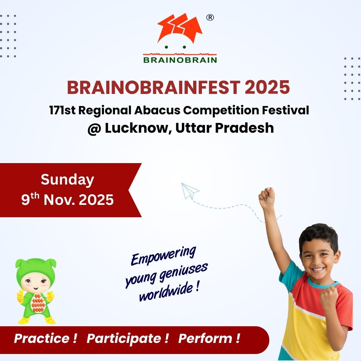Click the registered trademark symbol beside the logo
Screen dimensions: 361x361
pos(210,17)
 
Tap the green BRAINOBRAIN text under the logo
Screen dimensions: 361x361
pos(180,60)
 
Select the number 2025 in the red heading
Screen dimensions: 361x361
pos(267,88)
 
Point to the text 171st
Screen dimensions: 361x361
pos(63,110)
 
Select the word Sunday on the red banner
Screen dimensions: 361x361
pos(68,180)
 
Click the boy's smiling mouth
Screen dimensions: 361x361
pos(319,269)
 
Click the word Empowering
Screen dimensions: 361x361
pos(163,256)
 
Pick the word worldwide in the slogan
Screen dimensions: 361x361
pos(166,292)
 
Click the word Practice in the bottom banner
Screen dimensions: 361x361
pos(42,338)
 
